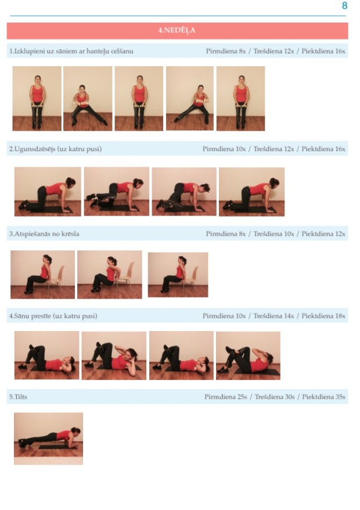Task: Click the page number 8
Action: (344, 6)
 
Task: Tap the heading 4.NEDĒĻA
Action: (177, 31)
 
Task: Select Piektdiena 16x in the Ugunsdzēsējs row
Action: (323, 149)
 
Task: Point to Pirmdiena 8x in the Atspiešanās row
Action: (226, 234)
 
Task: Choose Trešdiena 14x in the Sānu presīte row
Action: (273, 316)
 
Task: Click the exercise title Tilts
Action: (18, 397)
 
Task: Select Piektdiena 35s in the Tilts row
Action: (323, 397)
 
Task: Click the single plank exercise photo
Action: (48, 439)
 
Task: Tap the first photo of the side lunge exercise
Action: (37, 99)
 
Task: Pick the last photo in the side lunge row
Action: (240, 99)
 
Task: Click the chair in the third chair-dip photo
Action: (191, 278)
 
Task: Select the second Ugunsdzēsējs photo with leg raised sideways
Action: (117, 192)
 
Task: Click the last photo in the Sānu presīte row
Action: (248, 355)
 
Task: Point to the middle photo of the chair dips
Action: (110, 275)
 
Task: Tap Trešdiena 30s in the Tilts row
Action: (275, 397)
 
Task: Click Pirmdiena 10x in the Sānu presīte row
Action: (224, 316)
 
